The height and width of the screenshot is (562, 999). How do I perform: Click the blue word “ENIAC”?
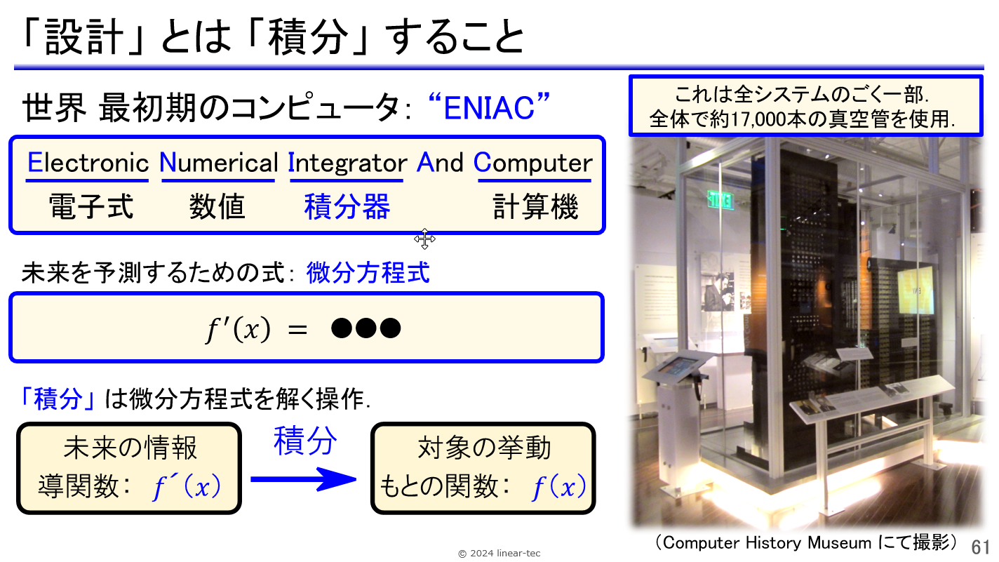coord(489,107)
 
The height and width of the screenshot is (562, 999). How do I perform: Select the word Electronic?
coord(88,163)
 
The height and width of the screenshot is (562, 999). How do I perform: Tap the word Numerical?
coord(219,163)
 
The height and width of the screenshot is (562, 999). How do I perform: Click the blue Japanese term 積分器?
coord(347,206)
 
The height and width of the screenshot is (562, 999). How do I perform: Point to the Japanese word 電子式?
coord(91,206)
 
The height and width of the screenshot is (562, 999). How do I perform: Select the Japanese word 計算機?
coord(535,206)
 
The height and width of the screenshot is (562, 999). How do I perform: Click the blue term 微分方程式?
coord(368,272)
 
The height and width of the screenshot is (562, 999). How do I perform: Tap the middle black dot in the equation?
coord(366,328)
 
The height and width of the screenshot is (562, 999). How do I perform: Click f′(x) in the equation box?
coord(238,329)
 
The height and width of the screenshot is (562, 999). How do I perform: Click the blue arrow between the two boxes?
coord(303,479)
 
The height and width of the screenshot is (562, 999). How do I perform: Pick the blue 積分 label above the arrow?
coord(305,441)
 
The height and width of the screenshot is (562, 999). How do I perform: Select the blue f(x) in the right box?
coord(559,487)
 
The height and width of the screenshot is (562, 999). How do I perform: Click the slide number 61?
coord(980,547)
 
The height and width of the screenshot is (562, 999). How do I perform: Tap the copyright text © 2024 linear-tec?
coord(499,554)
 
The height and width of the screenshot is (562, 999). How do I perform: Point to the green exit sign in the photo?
coord(720,200)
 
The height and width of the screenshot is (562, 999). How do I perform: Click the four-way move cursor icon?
coord(424,239)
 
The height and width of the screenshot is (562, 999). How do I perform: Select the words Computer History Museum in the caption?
coord(767,543)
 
